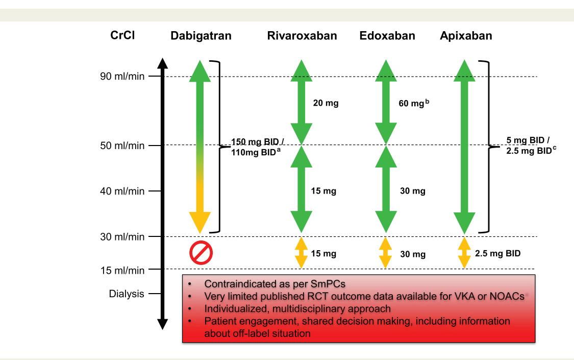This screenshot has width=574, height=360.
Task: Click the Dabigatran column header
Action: [x=201, y=36]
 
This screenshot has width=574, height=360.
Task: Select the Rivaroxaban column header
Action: [x=302, y=36]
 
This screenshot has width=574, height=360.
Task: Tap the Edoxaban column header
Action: [x=387, y=36]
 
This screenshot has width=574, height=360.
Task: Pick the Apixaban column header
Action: [x=466, y=36]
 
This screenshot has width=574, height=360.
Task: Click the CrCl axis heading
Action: [x=122, y=35]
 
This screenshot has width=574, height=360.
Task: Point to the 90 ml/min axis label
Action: [x=122, y=76]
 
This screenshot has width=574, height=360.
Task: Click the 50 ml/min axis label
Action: [x=122, y=146]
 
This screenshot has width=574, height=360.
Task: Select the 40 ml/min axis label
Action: [x=122, y=191]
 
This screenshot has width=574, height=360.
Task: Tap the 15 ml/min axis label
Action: [x=122, y=270]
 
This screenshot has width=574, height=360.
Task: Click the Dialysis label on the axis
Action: [x=127, y=294]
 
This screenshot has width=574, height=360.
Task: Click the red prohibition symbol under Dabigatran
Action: [x=201, y=253]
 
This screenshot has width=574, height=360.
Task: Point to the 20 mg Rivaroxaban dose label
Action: [x=326, y=103]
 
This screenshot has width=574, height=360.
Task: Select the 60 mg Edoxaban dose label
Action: [x=414, y=103]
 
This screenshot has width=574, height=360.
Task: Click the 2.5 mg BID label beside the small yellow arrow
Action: [x=498, y=253]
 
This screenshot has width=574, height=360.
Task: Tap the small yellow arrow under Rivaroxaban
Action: [x=301, y=253]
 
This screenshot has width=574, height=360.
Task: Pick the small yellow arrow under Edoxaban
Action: [x=386, y=253]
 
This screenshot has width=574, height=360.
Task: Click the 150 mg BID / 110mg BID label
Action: [x=257, y=147]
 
